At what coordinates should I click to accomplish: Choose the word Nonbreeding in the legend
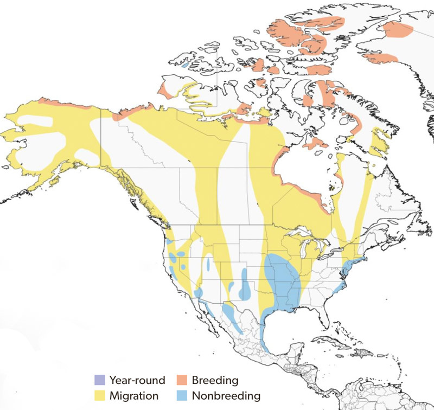click(x=226, y=395)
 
